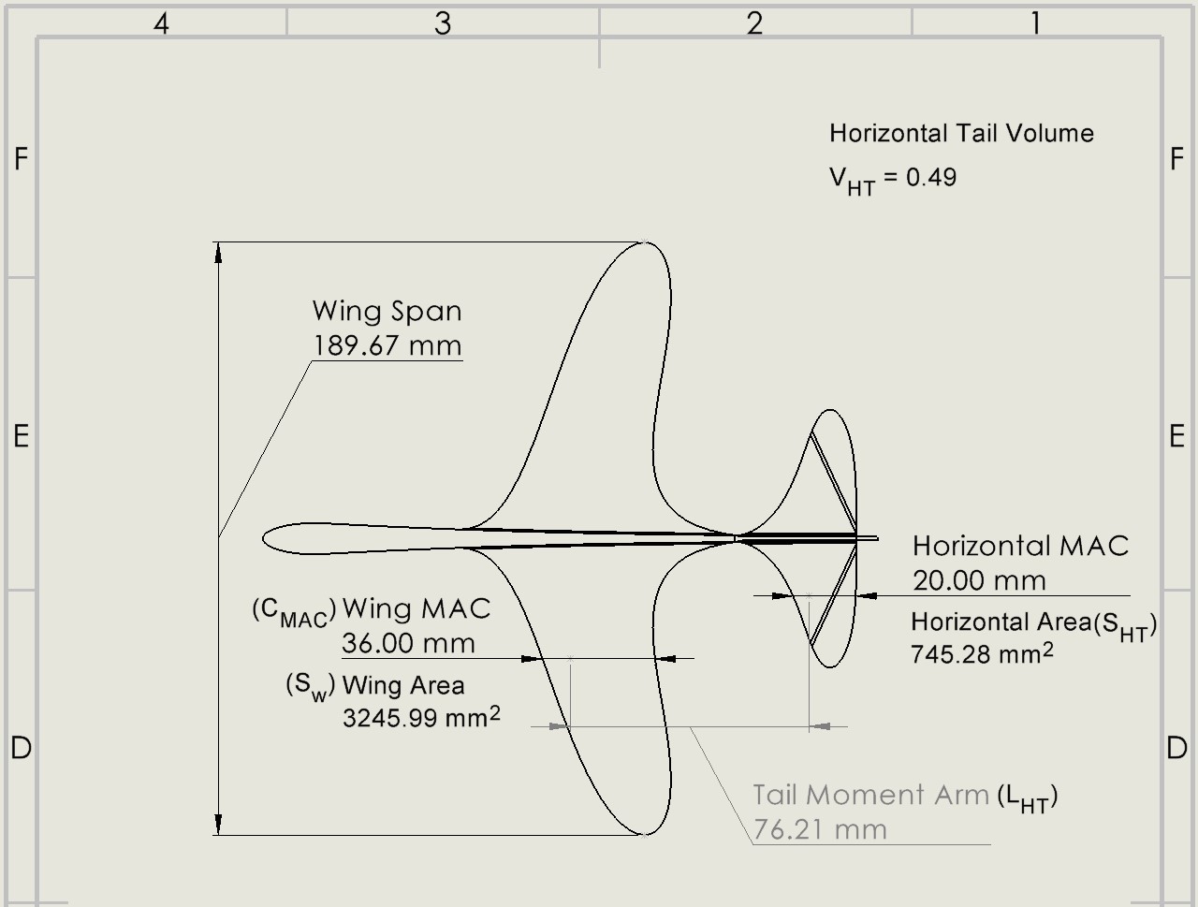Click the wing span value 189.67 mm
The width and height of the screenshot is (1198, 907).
tap(387, 345)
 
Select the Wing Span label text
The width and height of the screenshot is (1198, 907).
tap(387, 311)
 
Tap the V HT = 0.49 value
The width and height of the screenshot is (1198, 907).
tap(892, 179)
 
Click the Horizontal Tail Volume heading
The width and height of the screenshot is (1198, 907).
tap(961, 133)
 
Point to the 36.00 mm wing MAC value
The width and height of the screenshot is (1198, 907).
tap(408, 643)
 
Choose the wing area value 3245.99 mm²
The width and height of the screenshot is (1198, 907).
tap(421, 718)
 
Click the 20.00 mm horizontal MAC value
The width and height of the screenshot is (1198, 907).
tap(979, 580)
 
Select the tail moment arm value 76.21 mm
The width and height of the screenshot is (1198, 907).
tap(820, 829)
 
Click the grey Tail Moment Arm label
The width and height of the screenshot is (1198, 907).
tap(870, 795)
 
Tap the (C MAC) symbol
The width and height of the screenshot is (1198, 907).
tap(293, 611)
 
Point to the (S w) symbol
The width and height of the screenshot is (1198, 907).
tap(310, 686)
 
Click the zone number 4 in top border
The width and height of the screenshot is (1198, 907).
tap(161, 23)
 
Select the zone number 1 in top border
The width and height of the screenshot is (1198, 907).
tap(1035, 23)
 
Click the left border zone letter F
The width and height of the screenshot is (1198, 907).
tap(21, 160)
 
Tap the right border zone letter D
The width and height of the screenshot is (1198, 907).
tap(1177, 748)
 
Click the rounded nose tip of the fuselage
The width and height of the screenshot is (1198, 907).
tap(265, 538)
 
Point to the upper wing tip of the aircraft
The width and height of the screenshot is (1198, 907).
tap(646, 243)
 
